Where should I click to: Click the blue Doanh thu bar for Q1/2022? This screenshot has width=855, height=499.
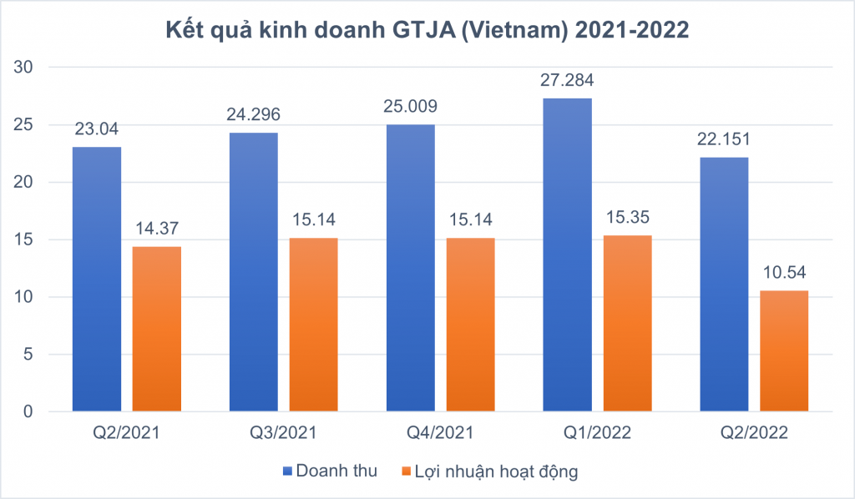(567, 255)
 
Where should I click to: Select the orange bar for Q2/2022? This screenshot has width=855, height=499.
(784, 350)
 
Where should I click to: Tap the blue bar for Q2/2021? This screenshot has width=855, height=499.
(97, 279)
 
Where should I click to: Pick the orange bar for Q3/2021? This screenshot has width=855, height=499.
(314, 325)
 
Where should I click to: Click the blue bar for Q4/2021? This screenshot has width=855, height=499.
(411, 268)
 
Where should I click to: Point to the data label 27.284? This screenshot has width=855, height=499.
(567, 80)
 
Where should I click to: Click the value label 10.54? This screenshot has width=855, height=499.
(784, 272)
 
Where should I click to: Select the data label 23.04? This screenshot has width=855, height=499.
(97, 129)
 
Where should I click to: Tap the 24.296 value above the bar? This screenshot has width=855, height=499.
(254, 114)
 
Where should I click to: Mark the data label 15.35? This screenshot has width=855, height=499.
(628, 217)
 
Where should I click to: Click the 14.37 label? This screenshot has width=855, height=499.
(157, 229)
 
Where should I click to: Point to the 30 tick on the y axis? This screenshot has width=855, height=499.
(23, 67)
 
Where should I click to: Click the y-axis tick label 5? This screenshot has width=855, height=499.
(28, 354)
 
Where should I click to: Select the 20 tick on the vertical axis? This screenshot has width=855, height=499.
(23, 182)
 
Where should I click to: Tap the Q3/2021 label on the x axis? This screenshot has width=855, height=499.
(284, 432)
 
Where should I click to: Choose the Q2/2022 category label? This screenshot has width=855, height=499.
(754, 432)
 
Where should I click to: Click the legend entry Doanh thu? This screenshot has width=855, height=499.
(330, 471)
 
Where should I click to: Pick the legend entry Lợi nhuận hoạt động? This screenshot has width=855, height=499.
(489, 471)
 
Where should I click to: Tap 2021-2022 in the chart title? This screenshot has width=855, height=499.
(632, 29)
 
